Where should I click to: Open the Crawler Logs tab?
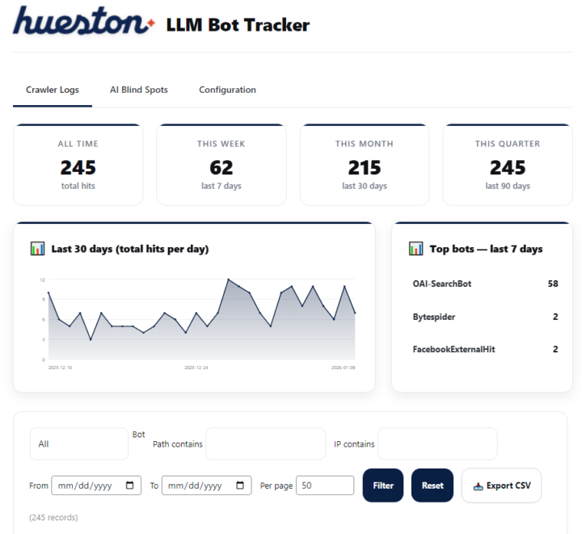coord(53,90)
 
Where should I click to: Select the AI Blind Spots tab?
coord(139,90)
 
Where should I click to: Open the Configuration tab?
coord(227,90)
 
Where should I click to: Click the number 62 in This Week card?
coord(221,167)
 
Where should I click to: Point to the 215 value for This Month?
coord(364,167)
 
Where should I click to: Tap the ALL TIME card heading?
coord(78,144)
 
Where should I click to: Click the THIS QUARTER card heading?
coord(508,144)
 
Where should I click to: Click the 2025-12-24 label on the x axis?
coord(196,368)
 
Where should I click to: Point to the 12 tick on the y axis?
coord(42,280)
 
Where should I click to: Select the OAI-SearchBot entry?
coord(441,284)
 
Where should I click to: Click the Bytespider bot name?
coord(434,317)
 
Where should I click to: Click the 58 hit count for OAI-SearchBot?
coord(553,284)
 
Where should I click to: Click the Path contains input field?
coord(265,444)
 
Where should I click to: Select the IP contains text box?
coord(437,444)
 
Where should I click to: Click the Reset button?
coord(432,486)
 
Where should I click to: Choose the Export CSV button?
coord(501,486)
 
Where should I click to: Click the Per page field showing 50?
coord(325,486)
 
